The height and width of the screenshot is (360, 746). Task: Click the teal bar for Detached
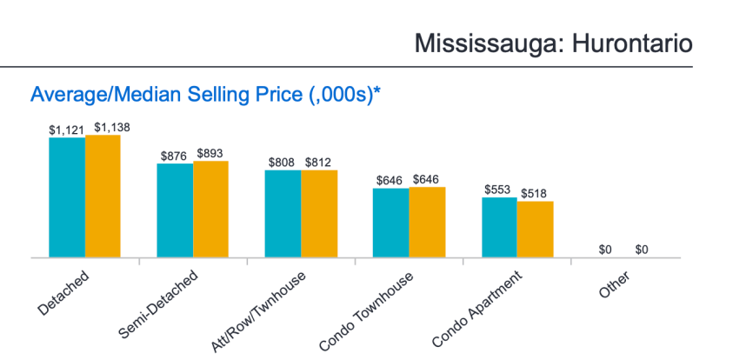click(x=67, y=197)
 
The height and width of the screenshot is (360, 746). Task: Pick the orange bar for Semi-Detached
click(x=210, y=209)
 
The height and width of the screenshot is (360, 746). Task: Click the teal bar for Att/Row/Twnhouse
click(x=283, y=214)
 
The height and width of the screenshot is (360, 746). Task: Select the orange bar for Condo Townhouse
click(x=427, y=222)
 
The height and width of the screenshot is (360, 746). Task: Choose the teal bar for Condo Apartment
click(x=499, y=227)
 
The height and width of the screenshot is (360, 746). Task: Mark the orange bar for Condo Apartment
click(x=535, y=230)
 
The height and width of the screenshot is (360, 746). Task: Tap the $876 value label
click(x=174, y=156)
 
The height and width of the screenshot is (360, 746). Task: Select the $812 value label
click(x=318, y=163)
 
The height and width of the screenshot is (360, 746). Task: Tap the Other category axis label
click(x=614, y=285)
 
